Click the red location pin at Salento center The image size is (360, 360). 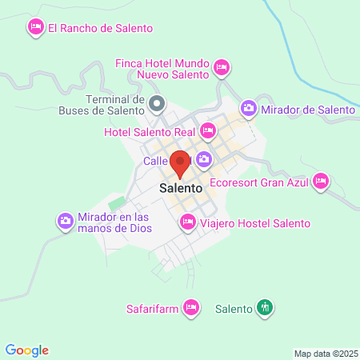click(x=180, y=163)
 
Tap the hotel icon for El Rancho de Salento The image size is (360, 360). click(x=35, y=28)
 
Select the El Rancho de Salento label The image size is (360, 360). click(x=99, y=28)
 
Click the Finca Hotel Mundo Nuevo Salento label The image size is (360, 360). click(x=162, y=69)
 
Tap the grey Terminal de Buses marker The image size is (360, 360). click(x=157, y=103)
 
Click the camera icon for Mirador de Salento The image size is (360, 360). click(x=249, y=109)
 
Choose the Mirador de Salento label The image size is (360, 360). click(x=308, y=109)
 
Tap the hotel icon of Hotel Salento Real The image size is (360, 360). click(x=208, y=130)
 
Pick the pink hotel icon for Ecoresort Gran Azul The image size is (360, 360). click(x=322, y=181)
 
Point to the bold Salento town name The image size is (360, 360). click(x=180, y=189)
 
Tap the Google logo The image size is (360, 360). click(x=26, y=350)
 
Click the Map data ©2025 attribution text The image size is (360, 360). click(x=324, y=353)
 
